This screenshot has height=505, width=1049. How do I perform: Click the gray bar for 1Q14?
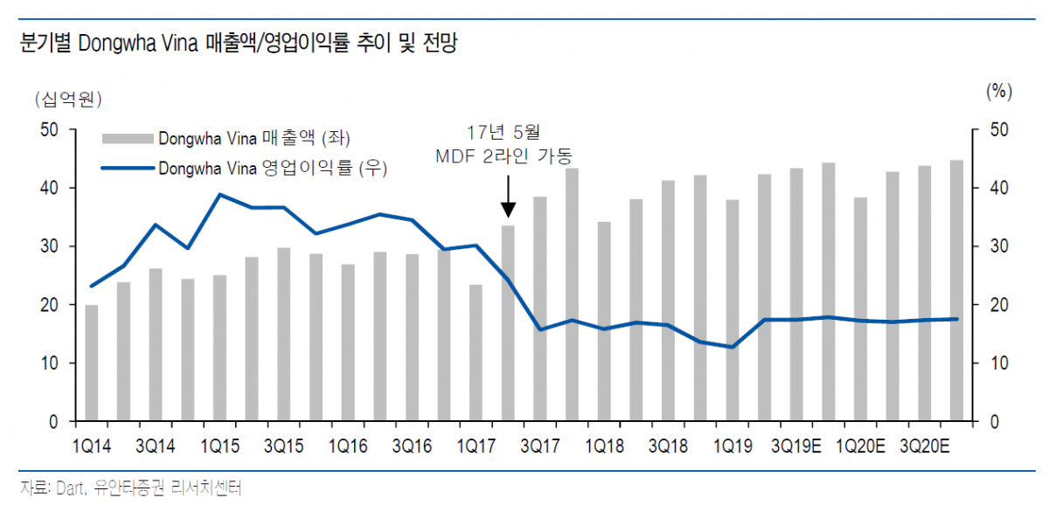(92, 363)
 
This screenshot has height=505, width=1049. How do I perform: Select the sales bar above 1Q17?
(476, 353)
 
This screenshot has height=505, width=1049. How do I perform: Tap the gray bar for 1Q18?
(604, 322)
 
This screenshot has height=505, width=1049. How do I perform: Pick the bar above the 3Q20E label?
(924, 294)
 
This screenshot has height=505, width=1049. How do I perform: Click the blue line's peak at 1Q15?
(220, 195)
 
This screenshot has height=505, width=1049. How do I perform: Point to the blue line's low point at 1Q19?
(733, 347)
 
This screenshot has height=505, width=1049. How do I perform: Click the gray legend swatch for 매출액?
(128, 138)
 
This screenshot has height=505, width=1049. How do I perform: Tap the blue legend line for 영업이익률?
(128, 168)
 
